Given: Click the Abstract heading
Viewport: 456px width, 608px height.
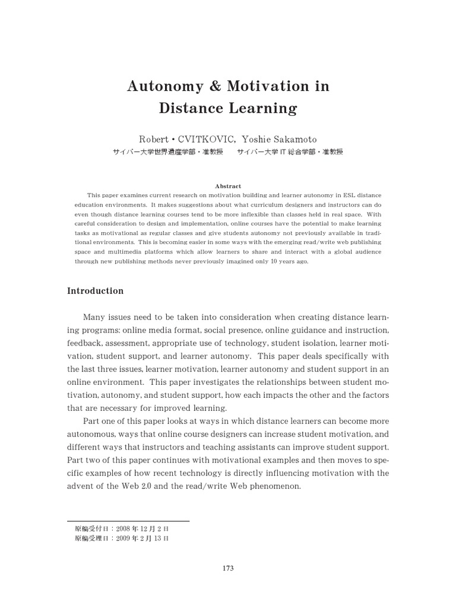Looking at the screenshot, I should click(228, 186).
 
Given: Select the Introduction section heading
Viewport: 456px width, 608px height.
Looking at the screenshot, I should click(96, 291).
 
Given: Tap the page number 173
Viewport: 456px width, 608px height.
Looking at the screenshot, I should click(228, 568).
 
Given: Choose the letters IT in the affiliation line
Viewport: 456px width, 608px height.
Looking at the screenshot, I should click(270, 152).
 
